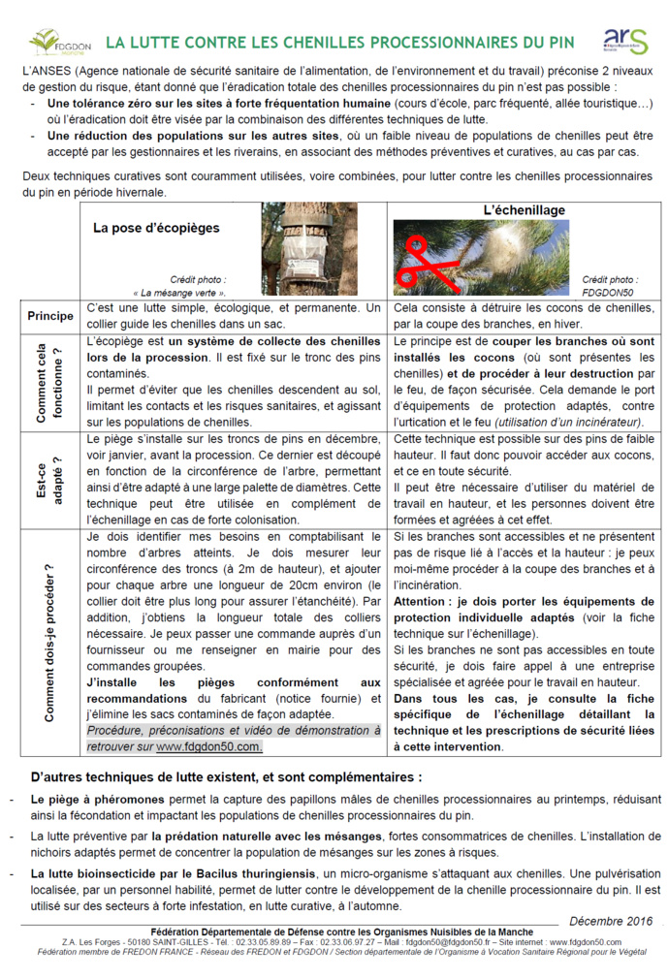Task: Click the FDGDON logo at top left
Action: point(60,43)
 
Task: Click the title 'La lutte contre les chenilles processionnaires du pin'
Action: point(339,43)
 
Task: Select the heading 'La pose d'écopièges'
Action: point(156,229)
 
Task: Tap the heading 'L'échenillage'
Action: point(524,210)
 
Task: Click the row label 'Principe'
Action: point(50,316)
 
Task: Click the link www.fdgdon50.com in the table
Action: point(208,746)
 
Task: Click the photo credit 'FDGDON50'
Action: point(607,291)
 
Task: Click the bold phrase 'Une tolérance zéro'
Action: point(103,104)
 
